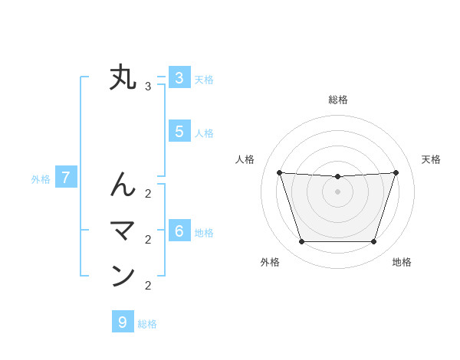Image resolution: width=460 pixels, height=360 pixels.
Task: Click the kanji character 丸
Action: click(123, 78)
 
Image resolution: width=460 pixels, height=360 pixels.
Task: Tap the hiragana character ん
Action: click(123, 185)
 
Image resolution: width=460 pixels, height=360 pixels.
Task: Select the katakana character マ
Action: click(123, 231)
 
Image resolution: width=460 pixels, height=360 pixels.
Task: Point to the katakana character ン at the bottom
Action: click(123, 276)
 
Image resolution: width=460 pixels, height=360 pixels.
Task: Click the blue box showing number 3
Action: click(179, 77)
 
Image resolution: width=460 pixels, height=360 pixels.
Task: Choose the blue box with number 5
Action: click(179, 131)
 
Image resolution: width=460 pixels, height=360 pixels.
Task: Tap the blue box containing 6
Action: click(179, 231)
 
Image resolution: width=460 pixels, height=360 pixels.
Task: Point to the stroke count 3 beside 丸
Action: click(148, 87)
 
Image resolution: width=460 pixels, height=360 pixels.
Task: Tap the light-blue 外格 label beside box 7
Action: click(41, 179)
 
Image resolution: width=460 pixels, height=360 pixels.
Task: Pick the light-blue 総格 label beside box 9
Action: click(147, 324)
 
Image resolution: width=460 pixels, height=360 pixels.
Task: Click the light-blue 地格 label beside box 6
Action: click(204, 233)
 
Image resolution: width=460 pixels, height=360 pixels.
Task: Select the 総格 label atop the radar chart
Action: click(337, 100)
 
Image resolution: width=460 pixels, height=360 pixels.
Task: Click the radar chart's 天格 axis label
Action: click(431, 159)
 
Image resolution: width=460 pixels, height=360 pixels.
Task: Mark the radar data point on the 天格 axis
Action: click(396, 172)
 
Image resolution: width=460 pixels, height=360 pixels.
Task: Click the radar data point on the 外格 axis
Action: click(301, 241)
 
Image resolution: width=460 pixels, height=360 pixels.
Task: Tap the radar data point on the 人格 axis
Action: click(279, 172)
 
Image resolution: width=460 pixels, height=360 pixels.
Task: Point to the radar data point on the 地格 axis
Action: click(373, 241)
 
